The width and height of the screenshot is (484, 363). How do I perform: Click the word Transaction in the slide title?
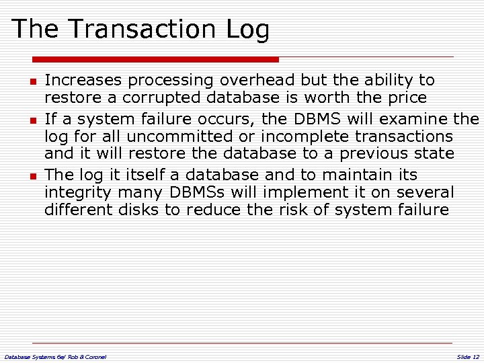(x=142, y=30)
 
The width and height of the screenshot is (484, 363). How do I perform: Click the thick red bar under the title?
(x=155, y=59)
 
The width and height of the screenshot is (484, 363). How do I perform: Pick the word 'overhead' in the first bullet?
(x=257, y=81)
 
